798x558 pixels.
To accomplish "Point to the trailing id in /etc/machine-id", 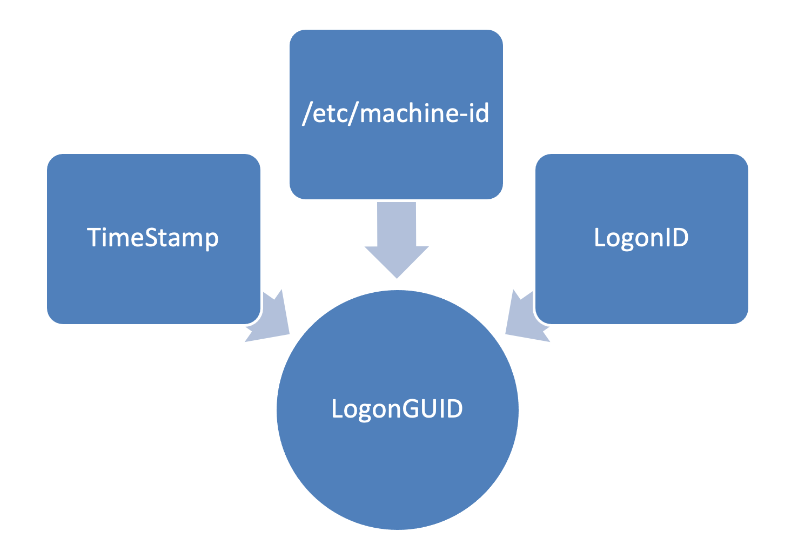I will coord(478,113).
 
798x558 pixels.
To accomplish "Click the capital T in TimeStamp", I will coord(94,238).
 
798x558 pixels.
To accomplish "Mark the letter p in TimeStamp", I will coord(211,240).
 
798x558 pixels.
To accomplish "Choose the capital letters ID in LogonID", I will coord(675,238).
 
